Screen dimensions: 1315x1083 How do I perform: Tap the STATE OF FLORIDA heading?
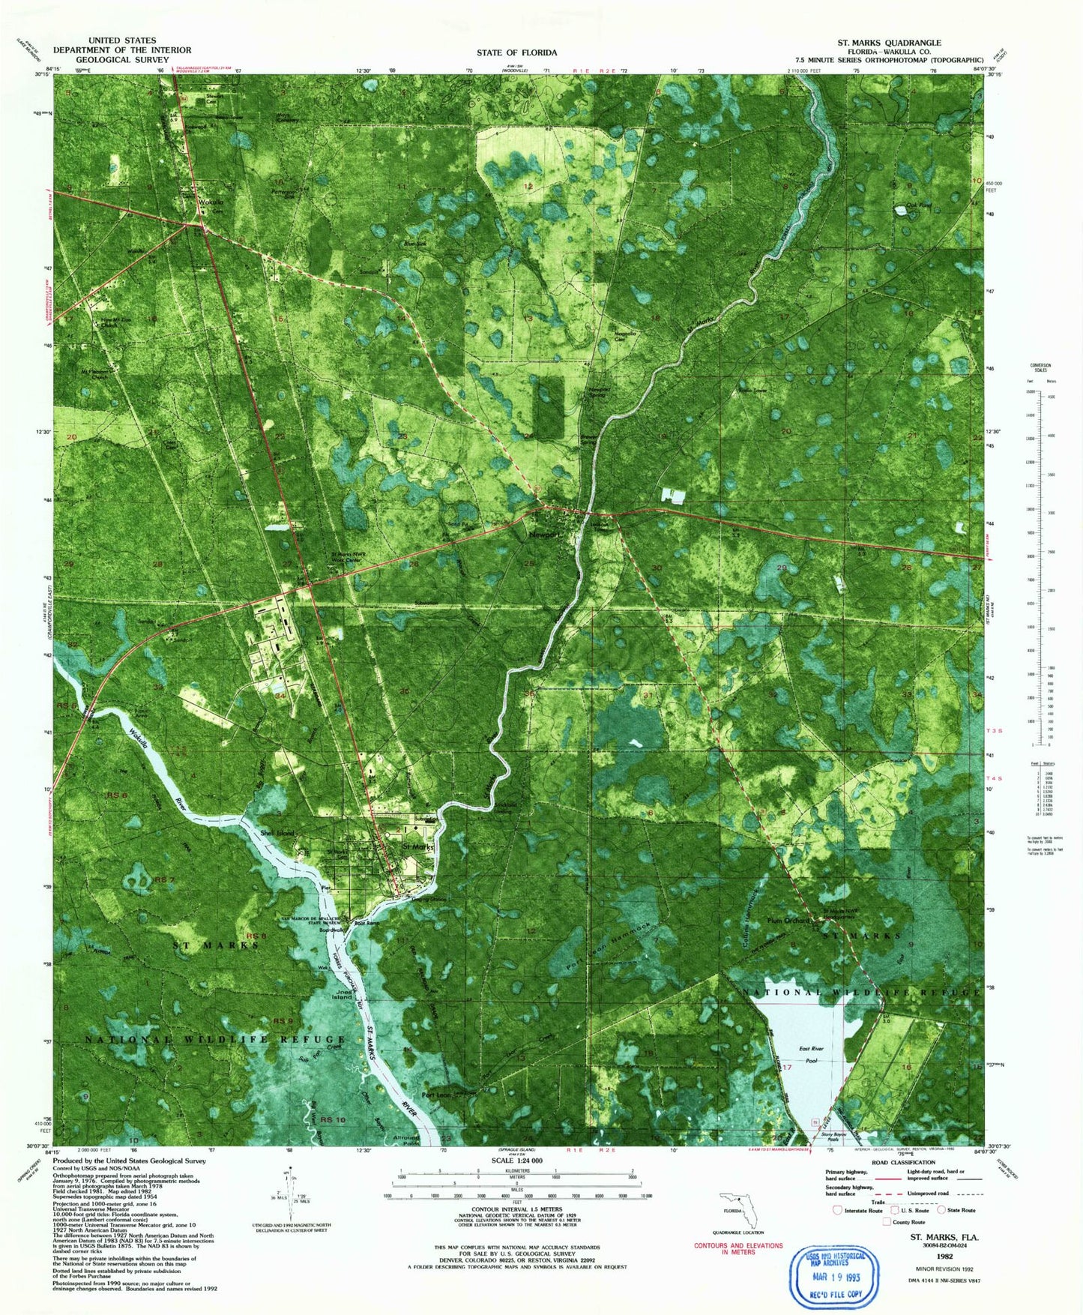coord(516,52)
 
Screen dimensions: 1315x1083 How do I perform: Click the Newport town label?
coord(543,535)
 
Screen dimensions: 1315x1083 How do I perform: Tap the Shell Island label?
coord(277,834)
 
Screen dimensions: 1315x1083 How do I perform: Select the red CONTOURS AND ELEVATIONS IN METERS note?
coord(738,1249)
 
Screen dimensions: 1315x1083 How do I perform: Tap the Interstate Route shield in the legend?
coord(837,1209)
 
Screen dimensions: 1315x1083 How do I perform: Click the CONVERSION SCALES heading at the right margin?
coord(1040,368)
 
